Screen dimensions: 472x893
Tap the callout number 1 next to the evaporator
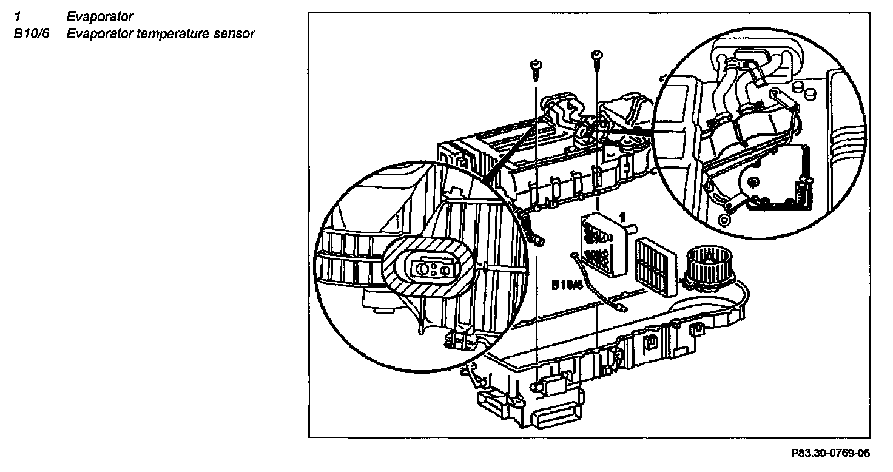point(621,215)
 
